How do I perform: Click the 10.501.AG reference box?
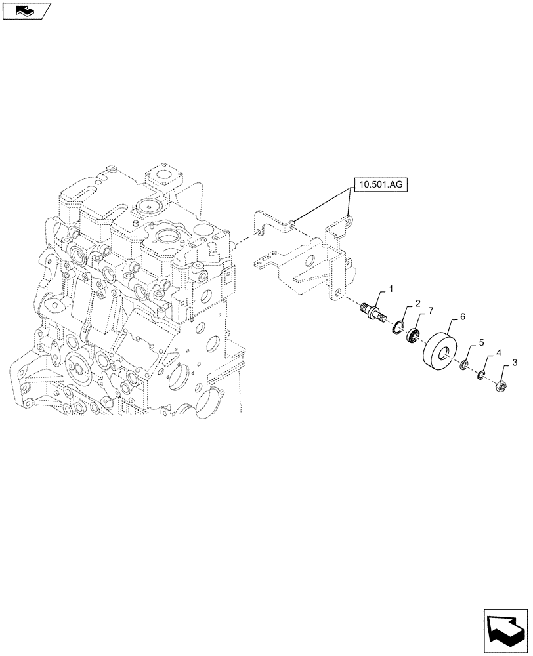(x=381, y=186)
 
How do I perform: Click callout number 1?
(x=391, y=289)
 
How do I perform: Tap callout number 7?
(x=431, y=310)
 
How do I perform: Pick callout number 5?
(x=480, y=342)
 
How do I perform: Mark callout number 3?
(x=515, y=362)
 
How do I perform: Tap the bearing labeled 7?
(x=413, y=335)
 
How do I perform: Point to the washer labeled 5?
(x=465, y=364)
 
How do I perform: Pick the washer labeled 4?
(x=480, y=375)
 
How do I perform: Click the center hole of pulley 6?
(x=448, y=355)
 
